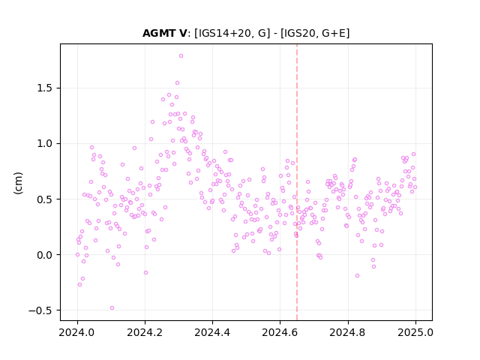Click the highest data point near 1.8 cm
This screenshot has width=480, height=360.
(x=181, y=56)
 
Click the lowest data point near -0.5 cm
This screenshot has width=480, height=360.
(x=112, y=308)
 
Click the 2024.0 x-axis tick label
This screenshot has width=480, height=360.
(x=77, y=332)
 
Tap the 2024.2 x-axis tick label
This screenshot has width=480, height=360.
(x=145, y=332)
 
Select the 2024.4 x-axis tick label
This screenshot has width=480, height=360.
(x=212, y=332)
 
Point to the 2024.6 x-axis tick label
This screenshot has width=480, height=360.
(x=280, y=332)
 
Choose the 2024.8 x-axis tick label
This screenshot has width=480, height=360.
(x=348, y=332)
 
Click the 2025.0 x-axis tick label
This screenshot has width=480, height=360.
(x=415, y=332)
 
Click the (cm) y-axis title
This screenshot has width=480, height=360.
(x=18, y=183)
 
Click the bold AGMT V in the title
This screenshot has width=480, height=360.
(x=164, y=33)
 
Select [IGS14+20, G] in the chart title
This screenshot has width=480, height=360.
(x=232, y=33)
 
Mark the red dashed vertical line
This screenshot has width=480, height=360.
(x=297, y=182)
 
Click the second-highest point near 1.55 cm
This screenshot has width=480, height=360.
(x=177, y=83)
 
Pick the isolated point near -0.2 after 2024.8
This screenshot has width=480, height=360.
(x=357, y=276)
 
